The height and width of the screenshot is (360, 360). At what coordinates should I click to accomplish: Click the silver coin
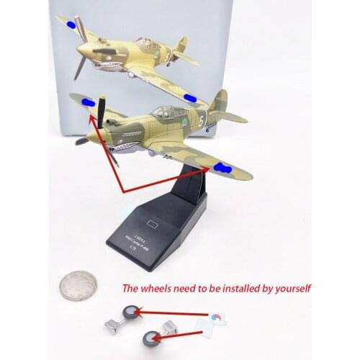tap(78, 285)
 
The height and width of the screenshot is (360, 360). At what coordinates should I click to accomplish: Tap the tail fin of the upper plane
tap(181, 44)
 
